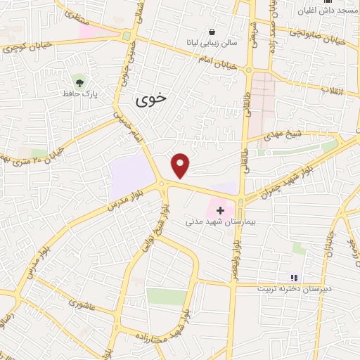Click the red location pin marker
pos(181,165)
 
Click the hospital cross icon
pos(221,210)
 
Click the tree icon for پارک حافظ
pos(78,82)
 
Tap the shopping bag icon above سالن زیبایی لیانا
pos(212,32)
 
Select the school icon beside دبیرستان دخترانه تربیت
pos(294,278)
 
